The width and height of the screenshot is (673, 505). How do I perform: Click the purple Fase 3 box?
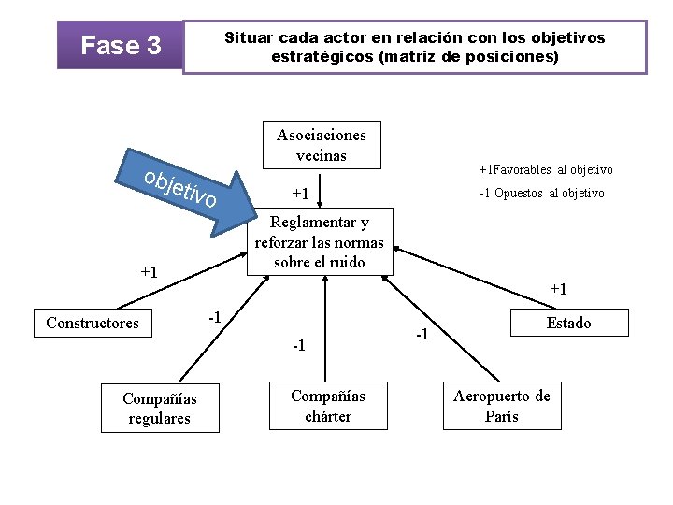pyautogui.click(x=121, y=45)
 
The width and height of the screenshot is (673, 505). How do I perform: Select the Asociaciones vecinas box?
pyautogui.click(x=322, y=144)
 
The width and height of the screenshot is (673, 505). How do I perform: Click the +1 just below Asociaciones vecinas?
pyautogui.click(x=300, y=194)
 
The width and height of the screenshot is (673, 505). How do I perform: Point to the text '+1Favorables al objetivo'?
pyautogui.click(x=546, y=169)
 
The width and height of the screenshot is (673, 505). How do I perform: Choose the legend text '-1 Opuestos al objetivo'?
pyautogui.click(x=541, y=193)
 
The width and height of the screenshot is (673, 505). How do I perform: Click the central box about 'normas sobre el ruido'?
pyautogui.click(x=320, y=241)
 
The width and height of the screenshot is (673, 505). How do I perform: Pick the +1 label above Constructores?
pyautogui.click(x=149, y=272)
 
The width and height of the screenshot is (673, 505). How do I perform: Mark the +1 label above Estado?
pyautogui.click(x=558, y=289)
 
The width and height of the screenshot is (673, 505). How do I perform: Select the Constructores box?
pyautogui.click(x=93, y=324)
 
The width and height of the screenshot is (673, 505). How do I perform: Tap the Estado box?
pyautogui.click(x=568, y=323)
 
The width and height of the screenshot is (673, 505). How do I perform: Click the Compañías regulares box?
pyautogui.click(x=159, y=409)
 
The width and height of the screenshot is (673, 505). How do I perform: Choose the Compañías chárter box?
pyautogui.click(x=328, y=406)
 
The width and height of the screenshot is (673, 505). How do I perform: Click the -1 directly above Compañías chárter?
pyautogui.click(x=297, y=346)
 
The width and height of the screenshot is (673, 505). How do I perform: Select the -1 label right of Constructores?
pyautogui.click(x=214, y=317)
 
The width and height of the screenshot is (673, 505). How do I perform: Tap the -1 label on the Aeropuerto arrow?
pyautogui.click(x=422, y=334)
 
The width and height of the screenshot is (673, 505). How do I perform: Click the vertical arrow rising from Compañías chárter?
pyautogui.click(x=324, y=327)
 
